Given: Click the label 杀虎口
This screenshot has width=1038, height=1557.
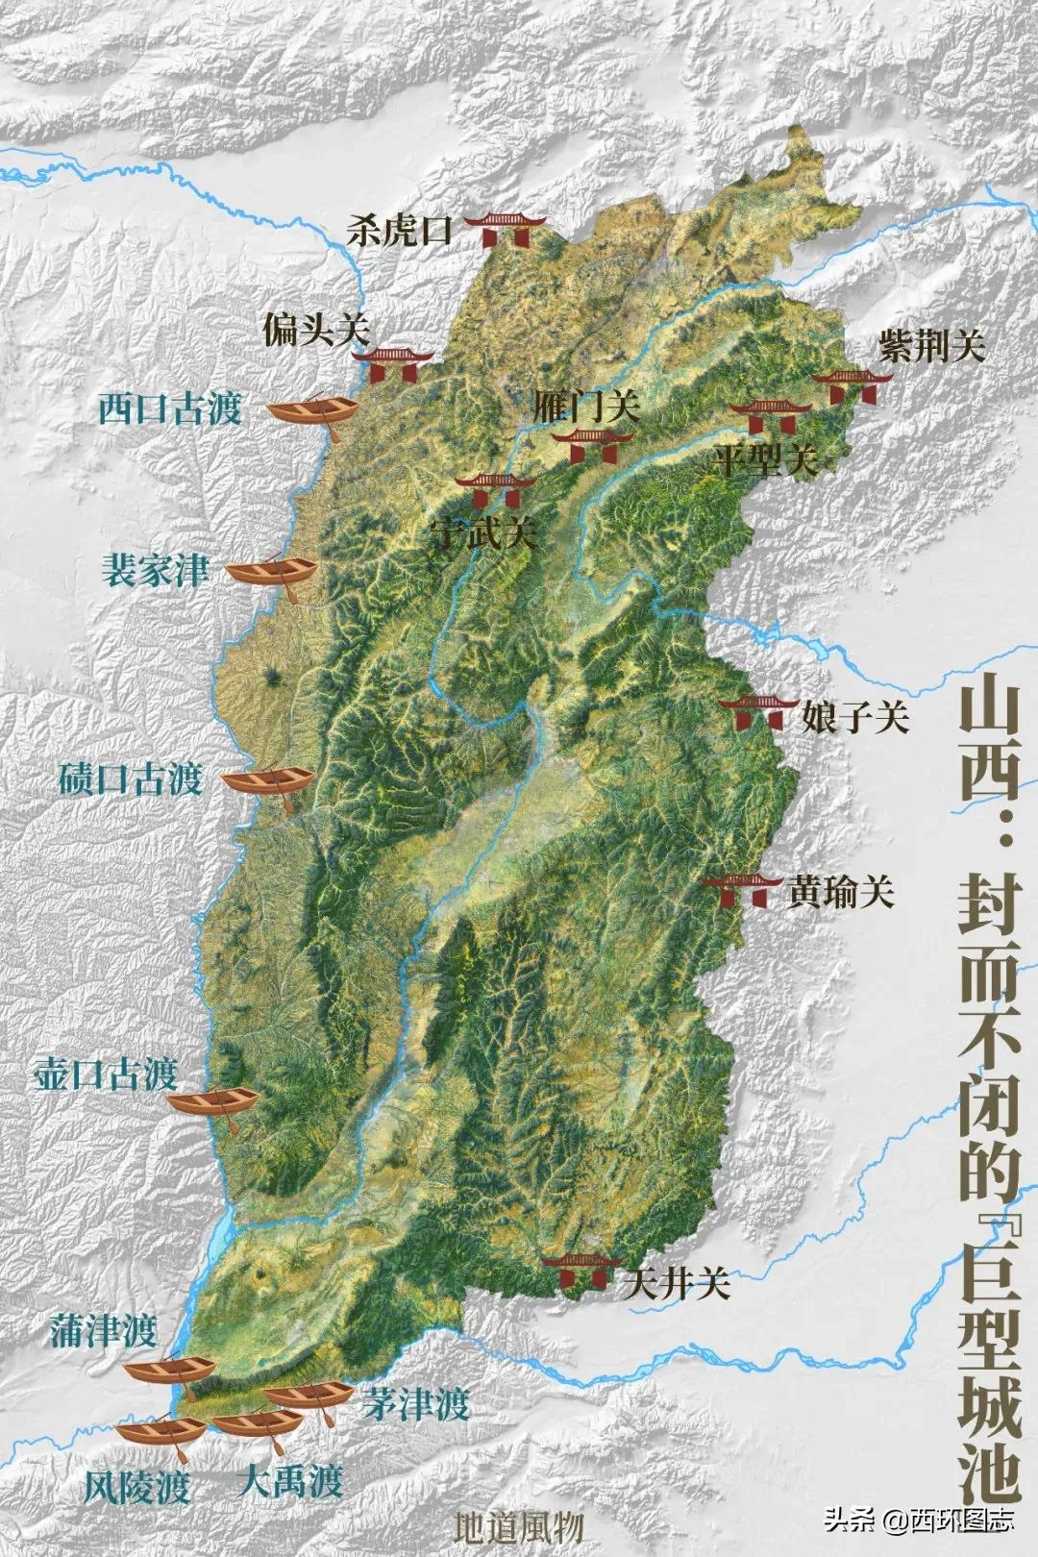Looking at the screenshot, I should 399,232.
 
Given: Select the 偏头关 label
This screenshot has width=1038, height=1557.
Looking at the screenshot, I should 315,331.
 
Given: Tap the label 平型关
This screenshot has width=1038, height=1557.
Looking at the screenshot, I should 766,460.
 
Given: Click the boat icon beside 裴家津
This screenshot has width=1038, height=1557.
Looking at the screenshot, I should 271,573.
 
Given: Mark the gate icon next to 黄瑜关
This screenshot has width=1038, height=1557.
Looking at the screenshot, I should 740,889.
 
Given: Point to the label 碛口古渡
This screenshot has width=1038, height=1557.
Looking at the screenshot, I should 130,778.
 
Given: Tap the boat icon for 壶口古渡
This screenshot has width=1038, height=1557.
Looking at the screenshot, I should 212,1102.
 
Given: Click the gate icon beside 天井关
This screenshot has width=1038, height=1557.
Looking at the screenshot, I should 581,1272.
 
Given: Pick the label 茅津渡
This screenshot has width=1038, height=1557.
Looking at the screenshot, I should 416,1406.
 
